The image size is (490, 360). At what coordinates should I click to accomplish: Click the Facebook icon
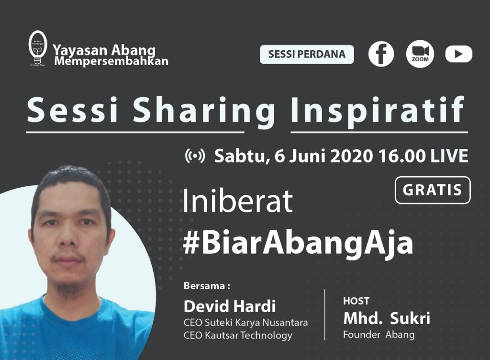pyautogui.click(x=381, y=54)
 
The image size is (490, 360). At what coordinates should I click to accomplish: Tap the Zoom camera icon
pyautogui.click(x=420, y=54)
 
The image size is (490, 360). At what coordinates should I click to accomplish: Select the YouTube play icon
pyautogui.click(x=458, y=54)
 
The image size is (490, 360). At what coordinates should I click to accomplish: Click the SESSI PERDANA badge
pyautogui.click(x=307, y=54)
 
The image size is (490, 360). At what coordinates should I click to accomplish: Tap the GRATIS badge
pyautogui.click(x=433, y=190)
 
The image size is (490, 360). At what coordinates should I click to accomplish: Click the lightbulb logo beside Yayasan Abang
pyautogui.click(x=37, y=48)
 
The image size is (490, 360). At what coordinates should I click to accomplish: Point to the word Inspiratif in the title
pyautogui.click(x=378, y=110)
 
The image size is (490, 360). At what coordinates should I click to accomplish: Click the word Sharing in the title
pyautogui.click(x=204, y=110)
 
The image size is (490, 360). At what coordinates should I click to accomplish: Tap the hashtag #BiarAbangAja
pyautogui.click(x=298, y=243)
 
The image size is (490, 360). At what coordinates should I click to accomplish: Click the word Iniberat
pyautogui.click(x=238, y=202)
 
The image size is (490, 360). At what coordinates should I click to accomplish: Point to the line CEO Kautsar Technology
pyautogui.click(x=238, y=335)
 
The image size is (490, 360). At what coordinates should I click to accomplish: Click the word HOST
pyautogui.click(x=356, y=301)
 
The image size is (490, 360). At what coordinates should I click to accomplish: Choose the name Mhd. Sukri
pyautogui.click(x=386, y=318)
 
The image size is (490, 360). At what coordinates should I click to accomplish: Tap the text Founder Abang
pyautogui.click(x=379, y=335)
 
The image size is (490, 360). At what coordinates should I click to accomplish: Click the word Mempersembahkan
pyautogui.click(x=111, y=62)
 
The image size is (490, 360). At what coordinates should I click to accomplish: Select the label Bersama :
pyautogui.click(x=207, y=286)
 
